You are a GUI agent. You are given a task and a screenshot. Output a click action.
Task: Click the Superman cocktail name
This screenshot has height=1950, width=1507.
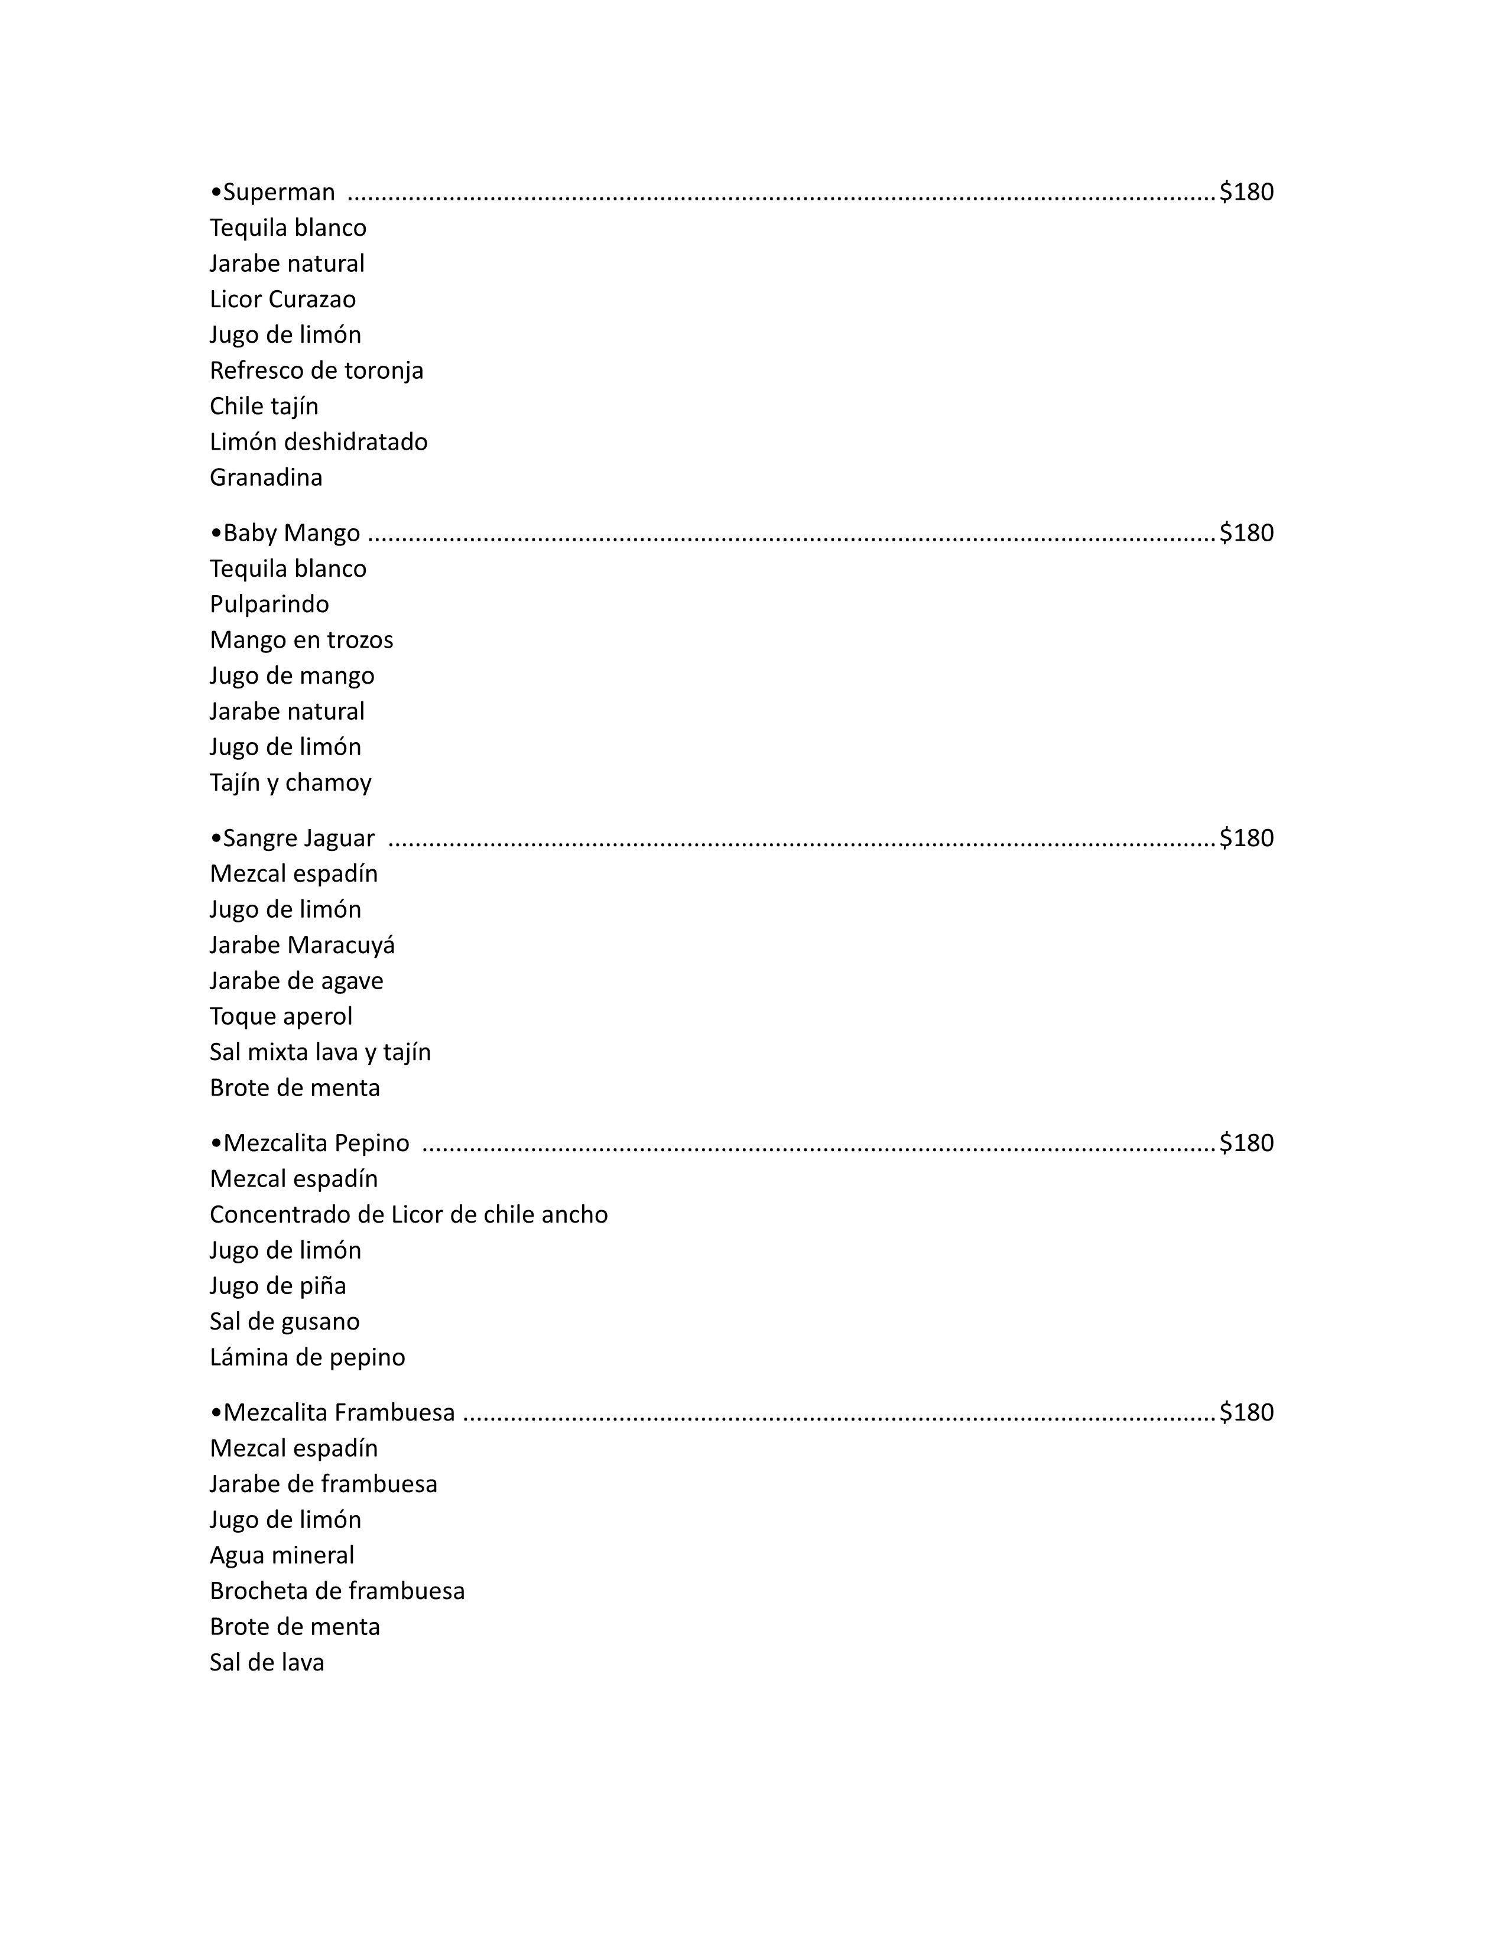tap(278, 192)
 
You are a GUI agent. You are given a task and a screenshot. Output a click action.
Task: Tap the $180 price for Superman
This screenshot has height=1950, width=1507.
tap(1246, 192)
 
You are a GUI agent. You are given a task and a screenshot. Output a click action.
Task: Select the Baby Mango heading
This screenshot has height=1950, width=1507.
tap(290, 533)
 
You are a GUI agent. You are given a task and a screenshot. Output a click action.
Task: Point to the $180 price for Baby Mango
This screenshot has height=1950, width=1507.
tap(1246, 533)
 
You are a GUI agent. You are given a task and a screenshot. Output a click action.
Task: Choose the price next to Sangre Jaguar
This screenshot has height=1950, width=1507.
tap(1246, 838)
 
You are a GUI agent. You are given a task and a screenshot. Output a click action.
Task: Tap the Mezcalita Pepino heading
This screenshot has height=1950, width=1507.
tap(315, 1144)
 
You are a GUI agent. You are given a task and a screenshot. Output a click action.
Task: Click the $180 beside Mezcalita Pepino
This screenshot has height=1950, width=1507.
tap(1246, 1144)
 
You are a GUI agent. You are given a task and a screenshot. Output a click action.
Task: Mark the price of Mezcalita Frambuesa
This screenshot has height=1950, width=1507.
tap(1246, 1412)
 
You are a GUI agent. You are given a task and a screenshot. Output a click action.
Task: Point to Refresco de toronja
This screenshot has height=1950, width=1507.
tap(316, 370)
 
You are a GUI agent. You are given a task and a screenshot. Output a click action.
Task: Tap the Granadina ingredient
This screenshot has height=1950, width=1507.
tap(266, 477)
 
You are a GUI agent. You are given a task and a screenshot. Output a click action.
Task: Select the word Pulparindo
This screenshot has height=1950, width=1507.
tap(269, 604)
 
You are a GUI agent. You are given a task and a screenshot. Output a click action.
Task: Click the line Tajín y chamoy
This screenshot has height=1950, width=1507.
tap(290, 783)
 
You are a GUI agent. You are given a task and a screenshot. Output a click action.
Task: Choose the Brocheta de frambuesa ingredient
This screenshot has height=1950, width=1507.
tap(337, 1591)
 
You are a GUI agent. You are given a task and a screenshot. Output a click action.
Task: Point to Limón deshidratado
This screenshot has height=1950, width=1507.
tap(318, 442)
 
